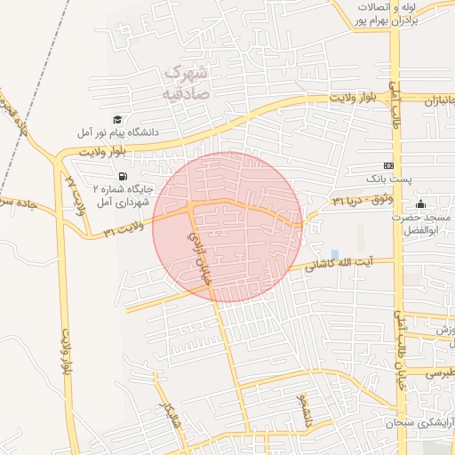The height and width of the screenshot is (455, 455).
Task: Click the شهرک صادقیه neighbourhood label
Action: click(185, 81)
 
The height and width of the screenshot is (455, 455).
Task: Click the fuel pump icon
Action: click(122, 175)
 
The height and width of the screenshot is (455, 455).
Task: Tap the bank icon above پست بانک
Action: click(387, 166)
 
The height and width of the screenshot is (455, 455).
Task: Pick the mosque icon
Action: click(420, 204)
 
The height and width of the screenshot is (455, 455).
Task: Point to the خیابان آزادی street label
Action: click(199, 258)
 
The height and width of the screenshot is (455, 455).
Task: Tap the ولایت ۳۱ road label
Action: click(124, 231)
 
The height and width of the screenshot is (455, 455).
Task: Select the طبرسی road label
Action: click(438, 374)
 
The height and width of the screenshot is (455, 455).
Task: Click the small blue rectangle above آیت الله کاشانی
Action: click(334, 255)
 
